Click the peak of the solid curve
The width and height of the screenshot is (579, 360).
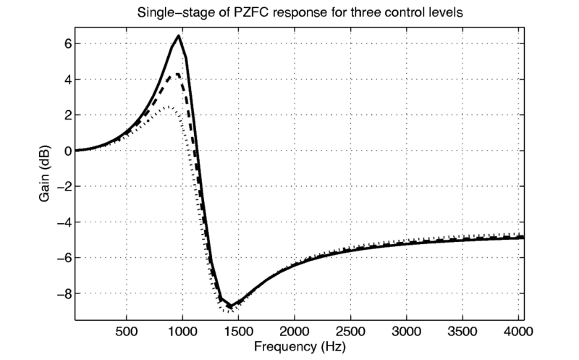pos(178,35)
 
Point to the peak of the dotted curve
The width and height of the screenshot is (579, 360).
pos(167,106)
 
